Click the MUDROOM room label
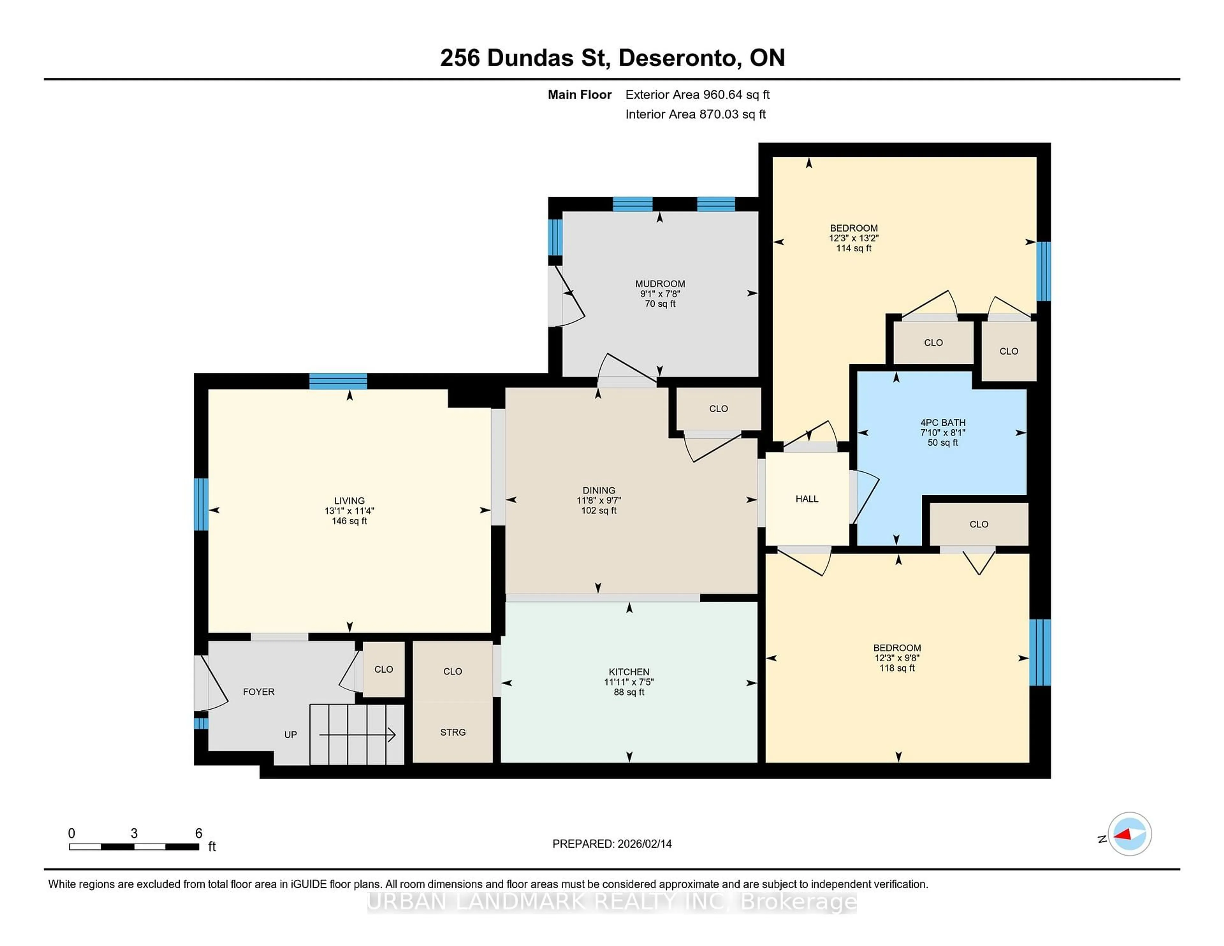(x=659, y=284)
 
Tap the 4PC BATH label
(x=943, y=423)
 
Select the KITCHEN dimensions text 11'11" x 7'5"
(x=629, y=682)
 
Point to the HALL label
(x=806, y=499)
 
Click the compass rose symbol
(x=1129, y=834)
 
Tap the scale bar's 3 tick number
(x=134, y=833)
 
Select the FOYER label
(x=259, y=692)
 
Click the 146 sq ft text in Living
(x=349, y=520)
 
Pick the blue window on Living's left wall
(x=201, y=504)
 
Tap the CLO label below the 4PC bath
(x=979, y=524)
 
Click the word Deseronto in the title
(x=676, y=58)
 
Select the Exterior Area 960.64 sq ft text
(x=697, y=95)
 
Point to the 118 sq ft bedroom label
(x=897, y=668)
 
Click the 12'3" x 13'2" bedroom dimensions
(x=854, y=238)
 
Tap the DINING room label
(x=599, y=490)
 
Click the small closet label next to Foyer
(x=383, y=669)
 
